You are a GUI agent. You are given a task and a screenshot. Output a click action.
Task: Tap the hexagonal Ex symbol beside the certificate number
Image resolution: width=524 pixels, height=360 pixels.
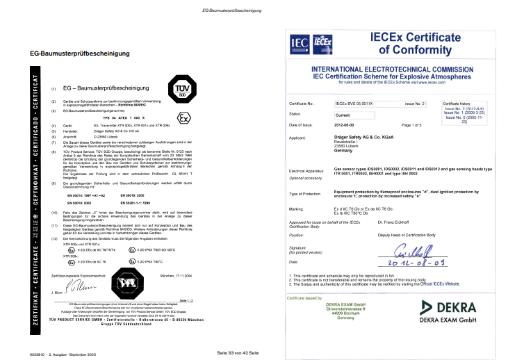tap(183, 116)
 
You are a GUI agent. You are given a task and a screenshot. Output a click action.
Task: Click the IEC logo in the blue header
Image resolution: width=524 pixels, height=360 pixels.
tap(302, 44)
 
